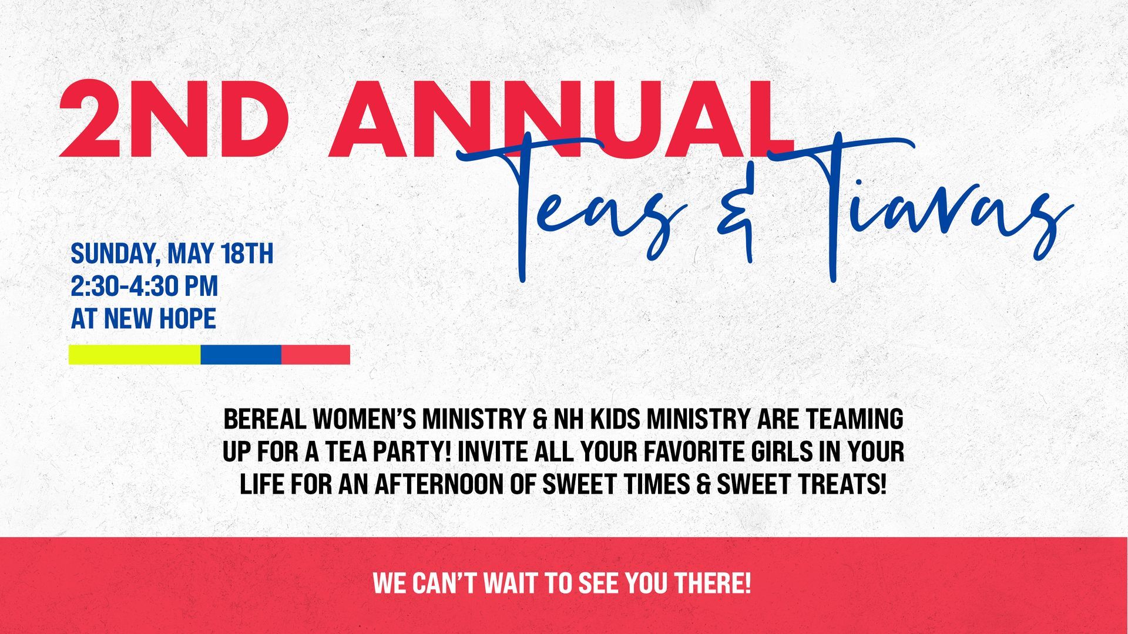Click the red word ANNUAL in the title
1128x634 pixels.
(x=561, y=119)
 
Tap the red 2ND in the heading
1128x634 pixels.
(x=177, y=119)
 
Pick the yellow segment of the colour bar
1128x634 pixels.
(x=135, y=355)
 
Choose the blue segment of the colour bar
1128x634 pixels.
(x=241, y=355)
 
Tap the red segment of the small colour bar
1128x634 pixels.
(x=315, y=355)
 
